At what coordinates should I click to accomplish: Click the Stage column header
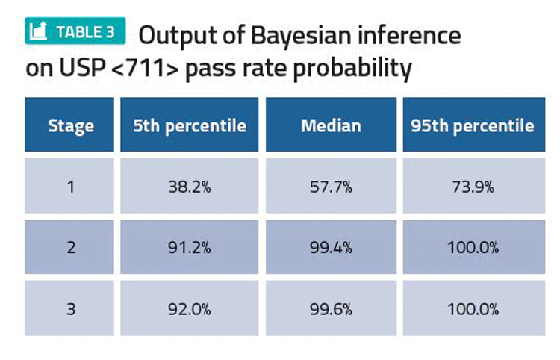click(70, 125)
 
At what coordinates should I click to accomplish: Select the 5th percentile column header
click(190, 125)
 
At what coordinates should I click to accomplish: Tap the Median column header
click(331, 125)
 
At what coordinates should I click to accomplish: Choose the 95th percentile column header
click(472, 125)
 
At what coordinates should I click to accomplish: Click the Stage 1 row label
click(70, 187)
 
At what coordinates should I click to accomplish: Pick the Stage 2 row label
click(70, 247)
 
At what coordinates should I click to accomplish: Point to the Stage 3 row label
click(70, 308)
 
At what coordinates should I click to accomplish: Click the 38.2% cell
click(190, 187)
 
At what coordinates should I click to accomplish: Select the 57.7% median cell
click(331, 187)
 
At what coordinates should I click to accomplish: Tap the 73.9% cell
click(472, 187)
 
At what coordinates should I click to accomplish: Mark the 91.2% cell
click(190, 247)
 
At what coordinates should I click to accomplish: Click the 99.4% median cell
click(331, 247)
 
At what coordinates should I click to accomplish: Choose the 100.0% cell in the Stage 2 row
click(472, 247)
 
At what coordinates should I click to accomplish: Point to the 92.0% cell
click(190, 308)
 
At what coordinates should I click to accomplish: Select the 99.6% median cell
click(331, 308)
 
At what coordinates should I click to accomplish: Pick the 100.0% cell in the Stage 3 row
click(472, 308)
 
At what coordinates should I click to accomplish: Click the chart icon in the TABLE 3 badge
click(40, 31)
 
